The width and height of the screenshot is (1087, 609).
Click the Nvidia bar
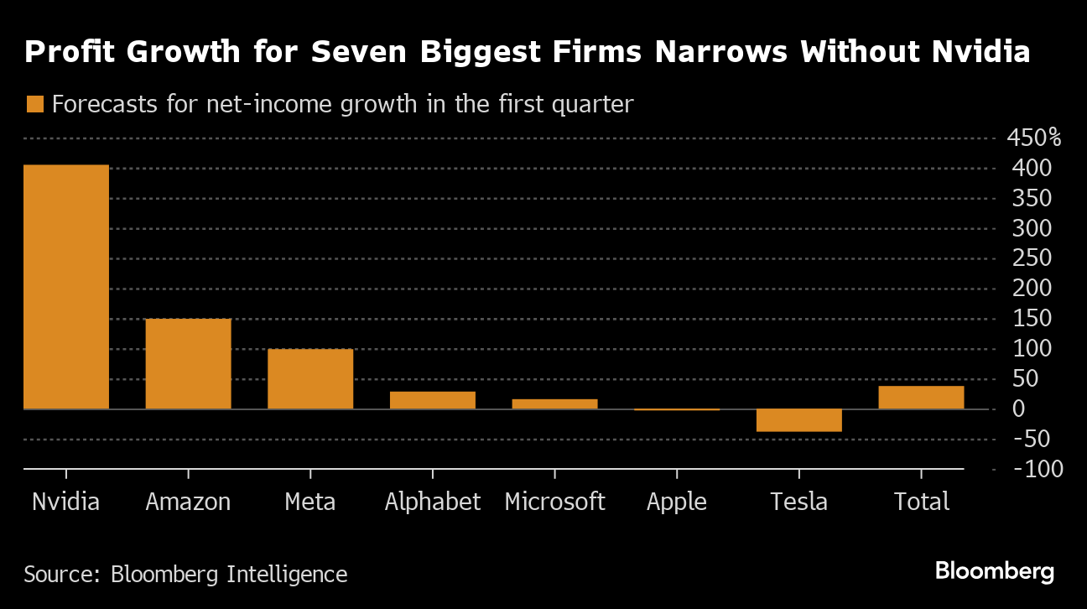pyautogui.click(x=66, y=287)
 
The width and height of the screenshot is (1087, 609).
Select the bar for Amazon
pyautogui.click(x=188, y=364)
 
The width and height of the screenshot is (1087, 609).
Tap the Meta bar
pyautogui.click(x=310, y=379)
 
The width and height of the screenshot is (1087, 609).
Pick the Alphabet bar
pyautogui.click(x=433, y=400)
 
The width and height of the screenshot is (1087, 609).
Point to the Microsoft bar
pyautogui.click(x=554, y=404)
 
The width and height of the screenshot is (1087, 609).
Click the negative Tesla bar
pyautogui.click(x=799, y=420)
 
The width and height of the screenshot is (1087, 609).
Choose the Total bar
pyautogui.click(x=921, y=398)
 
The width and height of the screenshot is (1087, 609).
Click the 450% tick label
pyautogui.click(x=1032, y=138)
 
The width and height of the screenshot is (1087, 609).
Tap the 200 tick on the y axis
pyautogui.click(x=1033, y=289)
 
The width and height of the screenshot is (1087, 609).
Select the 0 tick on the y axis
pyautogui.click(x=1019, y=409)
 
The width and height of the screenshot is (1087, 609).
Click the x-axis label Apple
pyautogui.click(x=677, y=502)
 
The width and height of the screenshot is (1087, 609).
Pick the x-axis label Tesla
pyautogui.click(x=798, y=502)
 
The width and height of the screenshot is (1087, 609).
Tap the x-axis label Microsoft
pyautogui.click(x=554, y=502)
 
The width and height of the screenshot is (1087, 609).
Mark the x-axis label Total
pyautogui.click(x=921, y=502)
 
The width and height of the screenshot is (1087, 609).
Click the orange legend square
pyautogui.click(x=34, y=104)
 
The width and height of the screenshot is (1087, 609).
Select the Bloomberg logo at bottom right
pyautogui.click(x=995, y=572)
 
